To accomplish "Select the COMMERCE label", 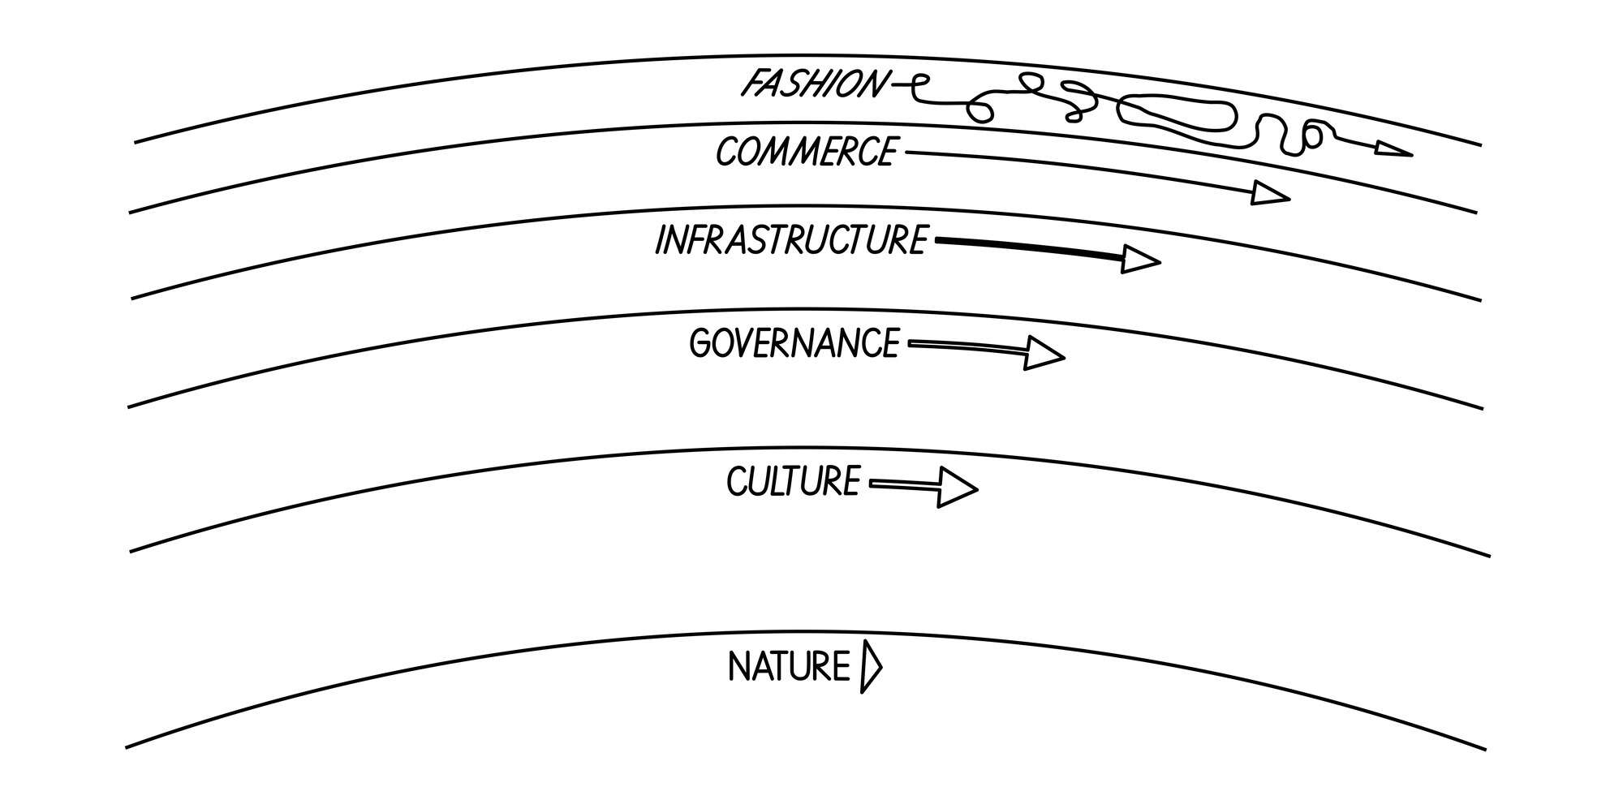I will click(x=806, y=152).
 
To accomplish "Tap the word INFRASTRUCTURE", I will click(x=790, y=241).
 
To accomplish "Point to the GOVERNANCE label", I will click(x=794, y=343).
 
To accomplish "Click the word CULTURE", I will click(x=792, y=482).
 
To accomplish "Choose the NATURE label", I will click(x=788, y=668).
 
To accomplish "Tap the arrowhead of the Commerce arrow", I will click(x=1268, y=193).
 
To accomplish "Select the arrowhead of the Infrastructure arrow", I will click(x=1139, y=260).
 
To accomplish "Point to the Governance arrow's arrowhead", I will click(x=1042, y=354).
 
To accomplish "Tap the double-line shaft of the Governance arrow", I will click(x=966, y=347).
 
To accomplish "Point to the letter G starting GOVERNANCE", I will click(x=701, y=344).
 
